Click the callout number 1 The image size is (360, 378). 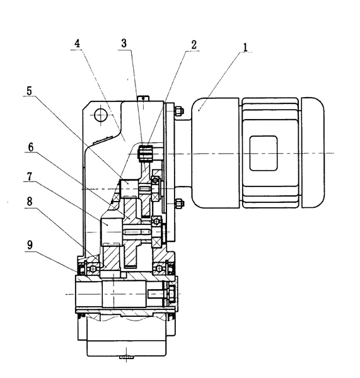245,47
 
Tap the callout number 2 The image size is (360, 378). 194,45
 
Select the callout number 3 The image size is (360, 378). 124,43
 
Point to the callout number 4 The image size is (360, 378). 77,43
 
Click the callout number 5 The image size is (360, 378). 29,91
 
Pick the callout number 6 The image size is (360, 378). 31,147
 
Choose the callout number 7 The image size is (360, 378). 29,176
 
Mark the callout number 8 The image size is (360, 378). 30,202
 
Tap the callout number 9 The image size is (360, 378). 30,245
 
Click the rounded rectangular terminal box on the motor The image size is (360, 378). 264,153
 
